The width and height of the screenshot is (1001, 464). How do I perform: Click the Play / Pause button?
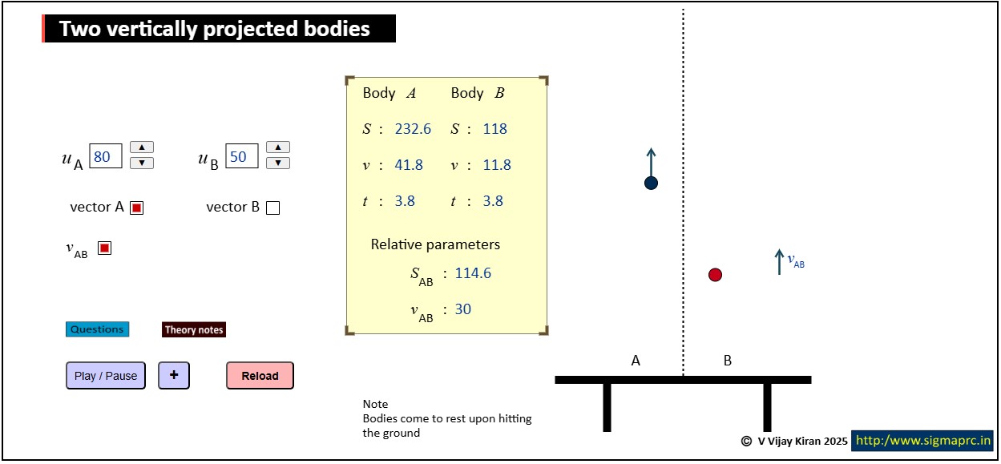coord(106,376)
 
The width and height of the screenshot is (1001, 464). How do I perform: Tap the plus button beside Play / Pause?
coord(174,376)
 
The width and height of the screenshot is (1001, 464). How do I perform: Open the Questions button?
coord(98,329)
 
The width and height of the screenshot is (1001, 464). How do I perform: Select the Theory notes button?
coord(194,329)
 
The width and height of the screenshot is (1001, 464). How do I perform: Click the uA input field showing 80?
coord(106,156)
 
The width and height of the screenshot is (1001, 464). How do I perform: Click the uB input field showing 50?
coord(242,156)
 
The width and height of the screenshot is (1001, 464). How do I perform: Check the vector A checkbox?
coord(137,208)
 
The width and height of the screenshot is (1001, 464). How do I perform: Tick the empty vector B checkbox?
coord(273,208)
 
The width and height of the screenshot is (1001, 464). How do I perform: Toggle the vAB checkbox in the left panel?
coord(104,248)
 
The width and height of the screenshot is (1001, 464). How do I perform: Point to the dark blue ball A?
coord(651,183)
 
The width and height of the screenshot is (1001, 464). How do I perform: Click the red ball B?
coord(715,274)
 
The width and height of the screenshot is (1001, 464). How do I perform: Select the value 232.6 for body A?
coord(413,129)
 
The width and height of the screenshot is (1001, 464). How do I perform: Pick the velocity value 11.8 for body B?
coord(496,165)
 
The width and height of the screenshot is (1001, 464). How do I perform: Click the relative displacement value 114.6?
coord(473,273)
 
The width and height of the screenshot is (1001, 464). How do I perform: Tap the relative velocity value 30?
coord(463,309)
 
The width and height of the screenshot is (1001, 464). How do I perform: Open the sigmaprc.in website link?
coord(922,441)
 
